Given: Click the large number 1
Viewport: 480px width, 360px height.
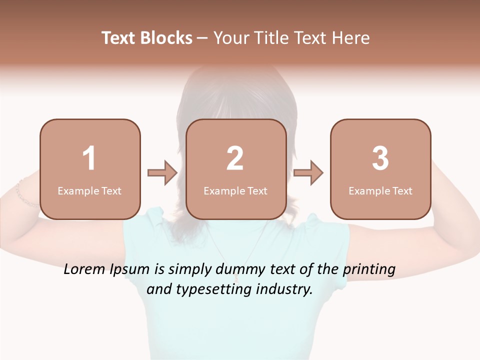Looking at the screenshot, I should [x=89, y=158].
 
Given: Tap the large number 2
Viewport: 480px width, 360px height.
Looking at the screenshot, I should [x=235, y=158].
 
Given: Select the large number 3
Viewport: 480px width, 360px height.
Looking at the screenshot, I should [x=380, y=158].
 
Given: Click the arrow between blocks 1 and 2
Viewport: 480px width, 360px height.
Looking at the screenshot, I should [x=162, y=173].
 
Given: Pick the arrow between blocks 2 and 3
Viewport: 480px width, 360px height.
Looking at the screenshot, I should [x=308, y=173].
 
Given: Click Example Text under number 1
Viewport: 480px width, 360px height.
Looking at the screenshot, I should [x=89, y=190].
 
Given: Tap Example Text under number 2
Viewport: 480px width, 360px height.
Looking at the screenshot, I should [x=235, y=190].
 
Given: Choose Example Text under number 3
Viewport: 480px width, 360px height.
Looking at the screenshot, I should [x=380, y=190].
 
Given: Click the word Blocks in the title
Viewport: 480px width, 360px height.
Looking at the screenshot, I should [x=167, y=38].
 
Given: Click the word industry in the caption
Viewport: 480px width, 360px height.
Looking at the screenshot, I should [x=284, y=289].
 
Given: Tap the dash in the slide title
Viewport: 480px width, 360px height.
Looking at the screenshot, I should [x=202, y=38].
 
